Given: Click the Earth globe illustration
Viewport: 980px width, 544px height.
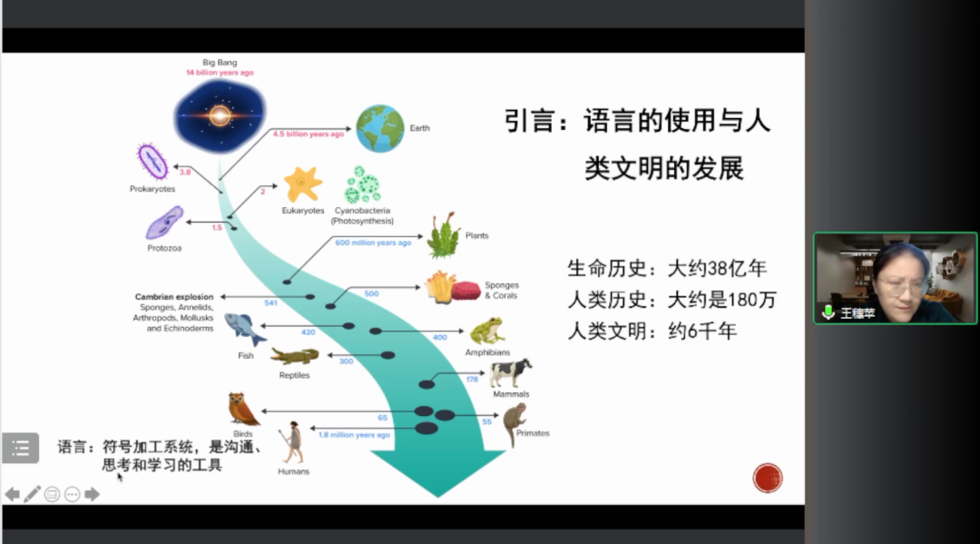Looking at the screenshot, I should pyautogui.click(x=379, y=128).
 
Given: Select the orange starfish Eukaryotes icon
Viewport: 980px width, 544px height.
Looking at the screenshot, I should pyautogui.click(x=302, y=184).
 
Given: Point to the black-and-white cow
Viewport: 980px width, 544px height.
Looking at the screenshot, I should pyautogui.click(x=510, y=372).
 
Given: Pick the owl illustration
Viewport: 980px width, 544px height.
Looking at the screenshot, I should pyautogui.click(x=242, y=410).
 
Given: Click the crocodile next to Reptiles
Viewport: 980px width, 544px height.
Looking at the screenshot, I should pyautogui.click(x=294, y=356).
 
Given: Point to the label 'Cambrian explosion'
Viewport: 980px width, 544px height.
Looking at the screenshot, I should pyautogui.click(x=174, y=297).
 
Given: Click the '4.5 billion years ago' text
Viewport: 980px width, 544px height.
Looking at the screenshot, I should pyautogui.click(x=309, y=134).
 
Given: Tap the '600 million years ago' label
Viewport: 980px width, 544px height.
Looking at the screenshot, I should pyautogui.click(x=373, y=242).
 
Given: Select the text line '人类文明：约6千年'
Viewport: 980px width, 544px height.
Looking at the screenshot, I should pyautogui.click(x=652, y=331).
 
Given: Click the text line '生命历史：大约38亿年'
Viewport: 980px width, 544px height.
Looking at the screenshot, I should pyautogui.click(x=667, y=268).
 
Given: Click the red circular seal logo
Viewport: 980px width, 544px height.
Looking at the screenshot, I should pyautogui.click(x=768, y=478).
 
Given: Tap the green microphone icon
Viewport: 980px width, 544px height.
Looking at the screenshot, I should pyautogui.click(x=828, y=312).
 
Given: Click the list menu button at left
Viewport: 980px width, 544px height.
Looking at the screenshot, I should pyautogui.click(x=21, y=448).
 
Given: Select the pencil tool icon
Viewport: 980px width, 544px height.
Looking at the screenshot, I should pyautogui.click(x=33, y=494).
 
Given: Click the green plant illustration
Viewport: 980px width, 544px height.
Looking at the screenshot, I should pyautogui.click(x=444, y=236).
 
